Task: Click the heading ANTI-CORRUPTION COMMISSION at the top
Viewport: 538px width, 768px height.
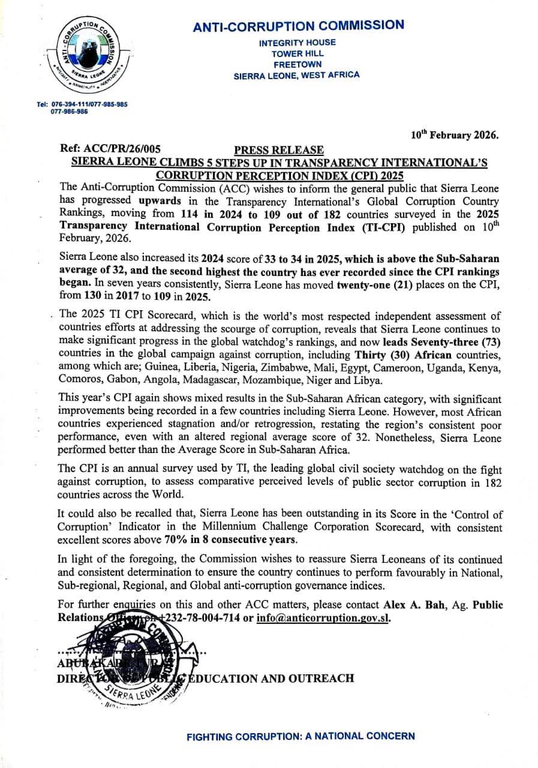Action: (x=298, y=26)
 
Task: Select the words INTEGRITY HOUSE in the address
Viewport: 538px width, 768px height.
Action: (x=297, y=43)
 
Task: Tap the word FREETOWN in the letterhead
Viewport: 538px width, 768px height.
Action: (x=297, y=64)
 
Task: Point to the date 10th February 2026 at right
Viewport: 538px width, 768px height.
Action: (x=454, y=135)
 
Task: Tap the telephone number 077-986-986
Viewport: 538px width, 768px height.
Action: (x=69, y=112)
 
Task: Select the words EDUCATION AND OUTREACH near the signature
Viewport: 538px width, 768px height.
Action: (x=271, y=679)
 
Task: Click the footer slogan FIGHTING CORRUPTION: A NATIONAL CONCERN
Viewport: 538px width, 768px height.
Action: (x=300, y=736)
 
